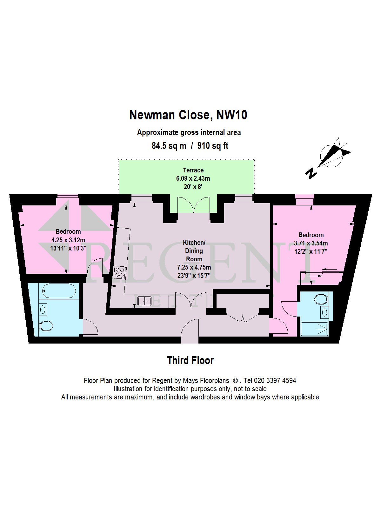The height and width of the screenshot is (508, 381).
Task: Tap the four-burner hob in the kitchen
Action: coord(120,272)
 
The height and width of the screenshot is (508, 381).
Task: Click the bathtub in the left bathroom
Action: coord(59,291)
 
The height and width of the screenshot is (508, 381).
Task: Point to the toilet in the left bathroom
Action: coord(46,326)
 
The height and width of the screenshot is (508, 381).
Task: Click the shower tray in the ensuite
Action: coord(314,329)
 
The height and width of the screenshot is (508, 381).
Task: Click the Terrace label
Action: coord(193,170)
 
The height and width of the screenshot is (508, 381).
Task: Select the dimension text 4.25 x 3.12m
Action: coord(68,240)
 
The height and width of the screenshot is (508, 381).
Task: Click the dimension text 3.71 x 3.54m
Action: coord(311,244)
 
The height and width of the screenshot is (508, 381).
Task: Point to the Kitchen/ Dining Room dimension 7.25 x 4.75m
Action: coord(194,267)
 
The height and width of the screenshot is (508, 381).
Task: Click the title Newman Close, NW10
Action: coord(188,115)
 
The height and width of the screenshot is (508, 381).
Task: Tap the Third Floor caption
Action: coord(190,360)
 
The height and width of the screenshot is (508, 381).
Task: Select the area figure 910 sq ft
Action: coord(213,146)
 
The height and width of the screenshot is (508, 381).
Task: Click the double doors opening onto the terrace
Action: coord(194,205)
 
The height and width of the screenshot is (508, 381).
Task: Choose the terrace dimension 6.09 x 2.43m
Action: coord(193,178)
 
